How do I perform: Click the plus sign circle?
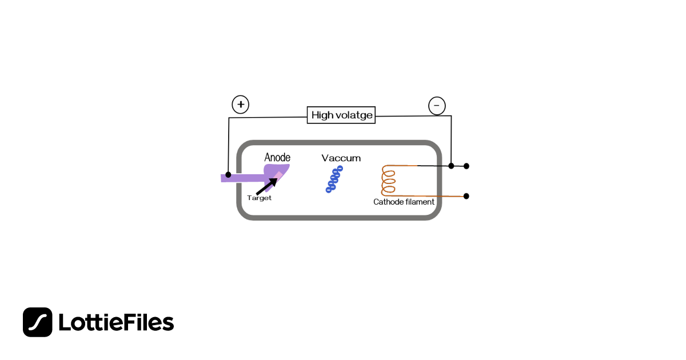coord(241,105)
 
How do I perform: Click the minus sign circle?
coord(437,106)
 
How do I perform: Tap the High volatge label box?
coord(341,115)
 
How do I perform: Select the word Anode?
coord(277,157)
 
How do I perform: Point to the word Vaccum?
coord(341,158)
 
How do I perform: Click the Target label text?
coord(259,198)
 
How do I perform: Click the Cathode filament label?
coord(404,202)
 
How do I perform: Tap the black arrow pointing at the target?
coord(267,186)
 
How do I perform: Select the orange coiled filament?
coord(389,181)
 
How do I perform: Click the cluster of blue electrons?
coord(334,179)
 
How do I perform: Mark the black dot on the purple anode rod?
coord(228,175)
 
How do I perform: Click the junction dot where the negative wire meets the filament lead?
coord(451,166)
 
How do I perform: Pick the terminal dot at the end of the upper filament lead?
coord(466,166)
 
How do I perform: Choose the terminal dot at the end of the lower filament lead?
coord(466,196)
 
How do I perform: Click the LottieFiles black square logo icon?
coord(37,322)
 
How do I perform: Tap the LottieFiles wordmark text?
coord(116,322)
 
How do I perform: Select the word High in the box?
coord(322,115)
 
